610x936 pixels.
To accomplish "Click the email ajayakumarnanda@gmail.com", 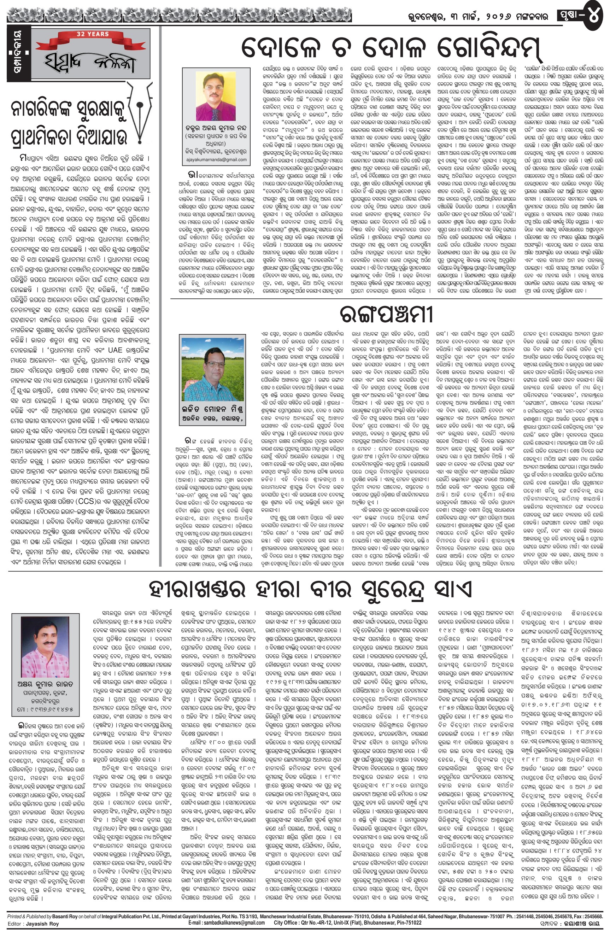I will pos(215,160).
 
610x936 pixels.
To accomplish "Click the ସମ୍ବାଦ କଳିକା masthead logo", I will pos(89,60).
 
